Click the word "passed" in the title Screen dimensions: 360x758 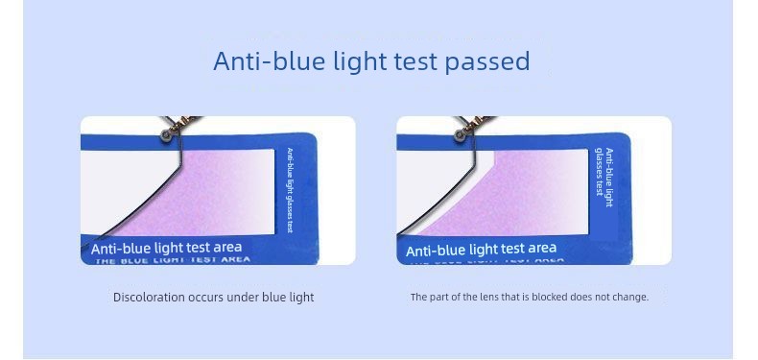pos(487,61)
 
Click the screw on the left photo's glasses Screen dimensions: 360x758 pos(168,136)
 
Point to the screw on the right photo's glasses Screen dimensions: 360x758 pos(460,136)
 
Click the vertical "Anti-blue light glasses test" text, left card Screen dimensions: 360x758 pos(289,190)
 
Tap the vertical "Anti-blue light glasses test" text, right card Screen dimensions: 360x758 pos(604,178)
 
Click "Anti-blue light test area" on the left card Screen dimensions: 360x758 pos(167,248)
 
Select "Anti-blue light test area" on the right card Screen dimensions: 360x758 pos(481,250)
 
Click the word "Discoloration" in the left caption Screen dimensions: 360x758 pos(149,298)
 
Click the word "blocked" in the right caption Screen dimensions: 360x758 pos(549,298)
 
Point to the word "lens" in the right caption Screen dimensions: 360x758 pos(482,298)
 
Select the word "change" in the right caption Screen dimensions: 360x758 pos(629,298)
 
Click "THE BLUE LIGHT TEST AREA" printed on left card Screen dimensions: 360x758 pos(173,259)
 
